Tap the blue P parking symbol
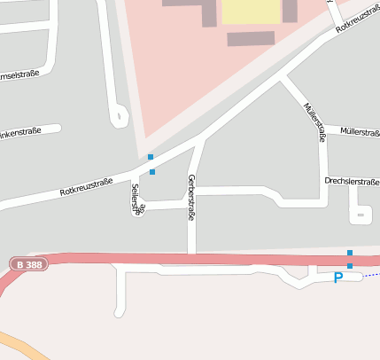coord(337,278)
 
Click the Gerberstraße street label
coord(190,197)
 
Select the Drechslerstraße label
coord(352,181)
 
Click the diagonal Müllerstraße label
coord(314,121)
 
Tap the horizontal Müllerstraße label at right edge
coord(360,132)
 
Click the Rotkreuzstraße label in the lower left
coord(86,187)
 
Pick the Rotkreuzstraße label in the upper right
coord(359,17)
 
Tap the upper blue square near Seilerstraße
coord(151,157)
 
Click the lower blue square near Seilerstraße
coord(152,171)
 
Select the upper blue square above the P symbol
coord(350,253)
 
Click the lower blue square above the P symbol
coord(350,265)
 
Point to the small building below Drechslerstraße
coord(360,214)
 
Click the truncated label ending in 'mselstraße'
coord(21,74)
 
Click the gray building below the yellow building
coord(251,38)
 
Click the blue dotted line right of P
coord(371,275)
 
